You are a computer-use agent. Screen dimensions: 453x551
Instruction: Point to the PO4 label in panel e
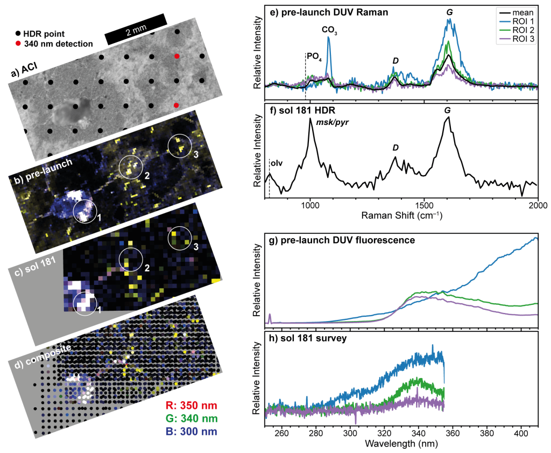314,55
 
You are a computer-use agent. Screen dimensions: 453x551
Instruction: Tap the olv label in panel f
276,161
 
